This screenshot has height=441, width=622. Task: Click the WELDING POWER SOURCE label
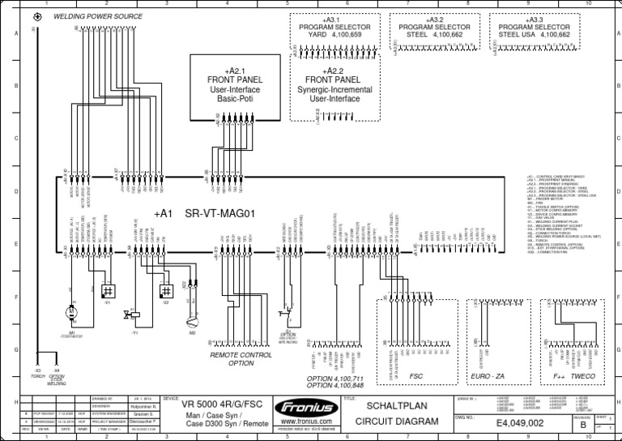(x=98, y=16)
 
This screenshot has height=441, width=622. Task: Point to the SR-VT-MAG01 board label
(x=220, y=214)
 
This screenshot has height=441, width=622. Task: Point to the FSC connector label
(x=416, y=376)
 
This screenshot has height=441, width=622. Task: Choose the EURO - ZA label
(x=488, y=376)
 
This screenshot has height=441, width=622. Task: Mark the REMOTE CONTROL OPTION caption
(x=241, y=359)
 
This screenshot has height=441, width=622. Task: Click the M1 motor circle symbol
(x=71, y=311)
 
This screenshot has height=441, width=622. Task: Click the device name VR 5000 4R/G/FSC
(x=219, y=404)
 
